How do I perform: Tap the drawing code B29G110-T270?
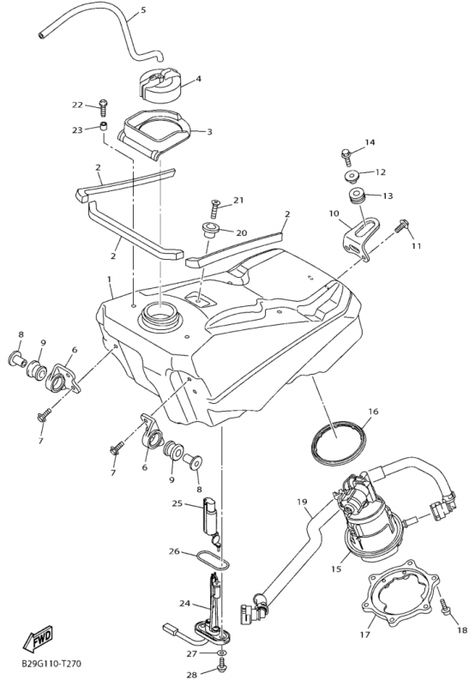(51, 664)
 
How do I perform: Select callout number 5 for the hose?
(144, 9)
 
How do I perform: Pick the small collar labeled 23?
(103, 128)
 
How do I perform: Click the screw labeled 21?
(213, 208)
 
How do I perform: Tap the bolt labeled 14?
(346, 157)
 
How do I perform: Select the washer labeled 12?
(352, 176)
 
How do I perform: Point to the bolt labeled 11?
(401, 226)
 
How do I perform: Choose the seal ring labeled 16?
(338, 442)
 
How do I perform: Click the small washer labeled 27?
(222, 653)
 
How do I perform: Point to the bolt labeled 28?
(221, 667)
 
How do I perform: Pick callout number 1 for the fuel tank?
(110, 280)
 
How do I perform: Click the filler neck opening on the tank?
(159, 316)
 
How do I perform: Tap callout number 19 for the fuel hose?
(302, 502)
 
